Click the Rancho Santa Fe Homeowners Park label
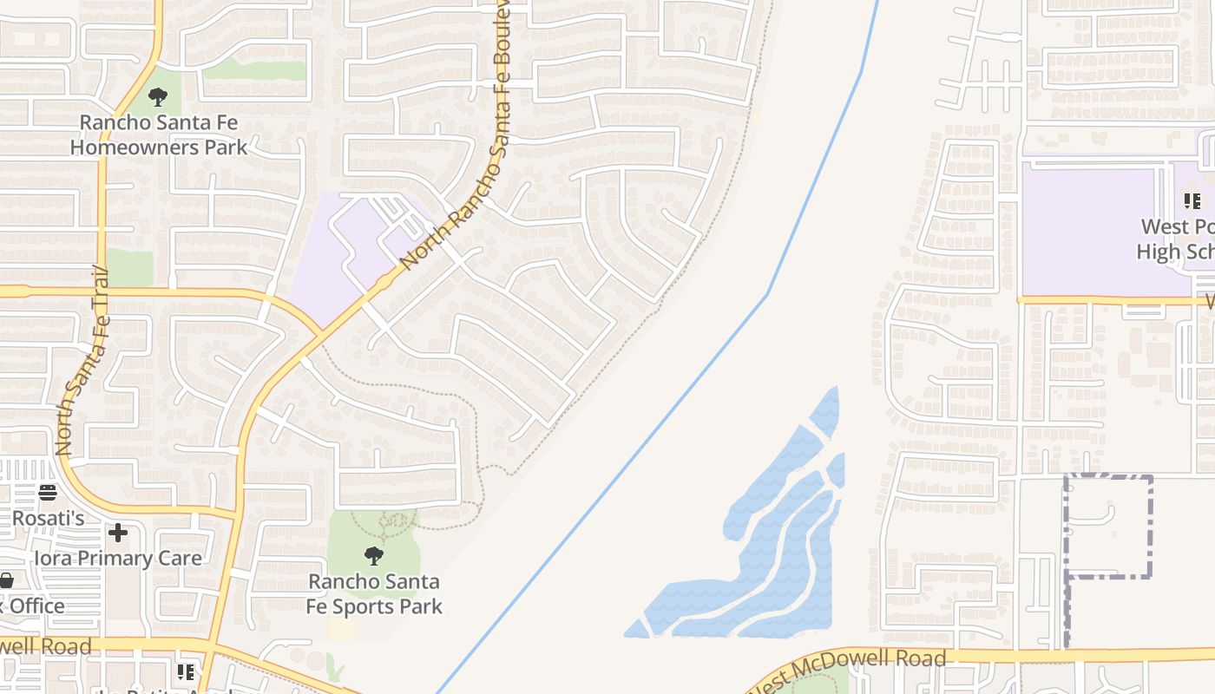click(x=158, y=134)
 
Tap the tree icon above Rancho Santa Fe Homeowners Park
click(x=158, y=96)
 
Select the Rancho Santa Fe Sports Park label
click(x=374, y=593)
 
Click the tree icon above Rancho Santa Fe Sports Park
click(x=374, y=555)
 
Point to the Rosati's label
click(x=49, y=518)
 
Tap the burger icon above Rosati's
click(x=48, y=493)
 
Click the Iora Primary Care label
click(x=118, y=558)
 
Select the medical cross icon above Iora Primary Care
click(x=118, y=532)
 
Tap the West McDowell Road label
click(x=846, y=671)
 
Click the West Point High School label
click(x=1177, y=239)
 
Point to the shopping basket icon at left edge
click(x=6, y=579)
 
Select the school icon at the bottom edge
click(x=186, y=671)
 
